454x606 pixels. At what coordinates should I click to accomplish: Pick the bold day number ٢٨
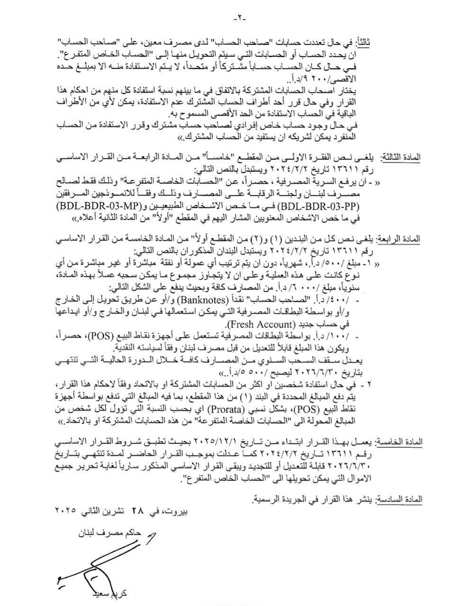(x=137, y=512)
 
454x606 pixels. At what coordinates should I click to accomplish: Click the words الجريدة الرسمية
(x=280, y=499)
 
